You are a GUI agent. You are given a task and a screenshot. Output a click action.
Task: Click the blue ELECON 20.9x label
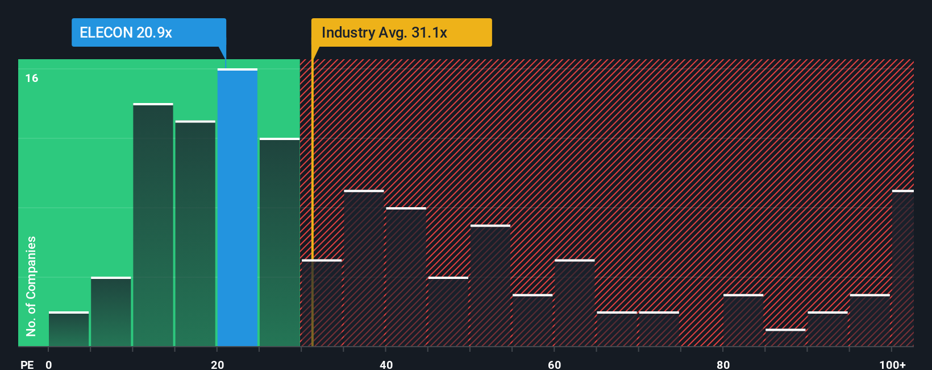pos(148,32)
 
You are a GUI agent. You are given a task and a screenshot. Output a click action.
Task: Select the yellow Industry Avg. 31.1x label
pos(401,32)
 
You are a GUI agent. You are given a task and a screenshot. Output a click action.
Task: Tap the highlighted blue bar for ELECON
pos(238,208)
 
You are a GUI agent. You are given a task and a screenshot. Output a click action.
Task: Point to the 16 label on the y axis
pos(32,78)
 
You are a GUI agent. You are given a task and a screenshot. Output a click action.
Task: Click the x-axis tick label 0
pos(49,364)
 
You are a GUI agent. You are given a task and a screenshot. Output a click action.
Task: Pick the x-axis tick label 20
pos(217,364)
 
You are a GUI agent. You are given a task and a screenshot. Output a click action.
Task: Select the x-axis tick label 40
pos(386,364)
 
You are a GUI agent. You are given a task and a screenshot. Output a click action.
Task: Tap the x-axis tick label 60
pos(554,364)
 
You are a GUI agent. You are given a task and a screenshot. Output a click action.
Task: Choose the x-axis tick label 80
pos(723,364)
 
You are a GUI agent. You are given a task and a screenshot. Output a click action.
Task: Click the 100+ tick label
pos(892,364)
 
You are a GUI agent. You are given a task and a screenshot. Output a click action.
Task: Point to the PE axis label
pos(27,364)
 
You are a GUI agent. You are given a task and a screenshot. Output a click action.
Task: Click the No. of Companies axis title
pos(31,286)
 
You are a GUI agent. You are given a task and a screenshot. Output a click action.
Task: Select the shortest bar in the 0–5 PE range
pos(69,329)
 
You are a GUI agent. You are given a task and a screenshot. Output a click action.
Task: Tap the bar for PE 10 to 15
pos(153,225)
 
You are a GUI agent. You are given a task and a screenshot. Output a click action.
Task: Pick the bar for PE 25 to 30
pos(280,242)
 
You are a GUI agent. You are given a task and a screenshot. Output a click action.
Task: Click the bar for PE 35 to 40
pos(364,268)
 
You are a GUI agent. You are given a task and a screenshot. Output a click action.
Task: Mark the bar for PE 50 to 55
pos(490,286)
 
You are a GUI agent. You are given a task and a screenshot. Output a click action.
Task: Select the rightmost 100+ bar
pos(903,268)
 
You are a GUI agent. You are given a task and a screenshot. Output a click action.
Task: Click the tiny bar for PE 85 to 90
pos(785,338)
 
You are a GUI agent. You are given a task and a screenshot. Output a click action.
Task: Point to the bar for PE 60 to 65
pos(575,303)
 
